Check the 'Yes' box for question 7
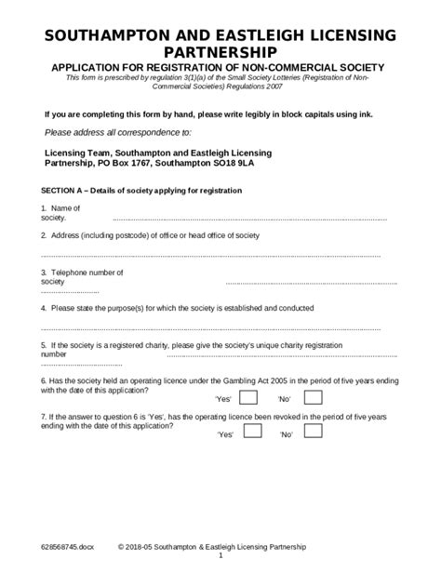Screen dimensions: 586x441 point(248,433)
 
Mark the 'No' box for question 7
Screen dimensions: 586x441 point(313,433)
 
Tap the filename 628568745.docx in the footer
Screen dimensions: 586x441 point(67,547)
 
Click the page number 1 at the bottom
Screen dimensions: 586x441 point(220,556)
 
